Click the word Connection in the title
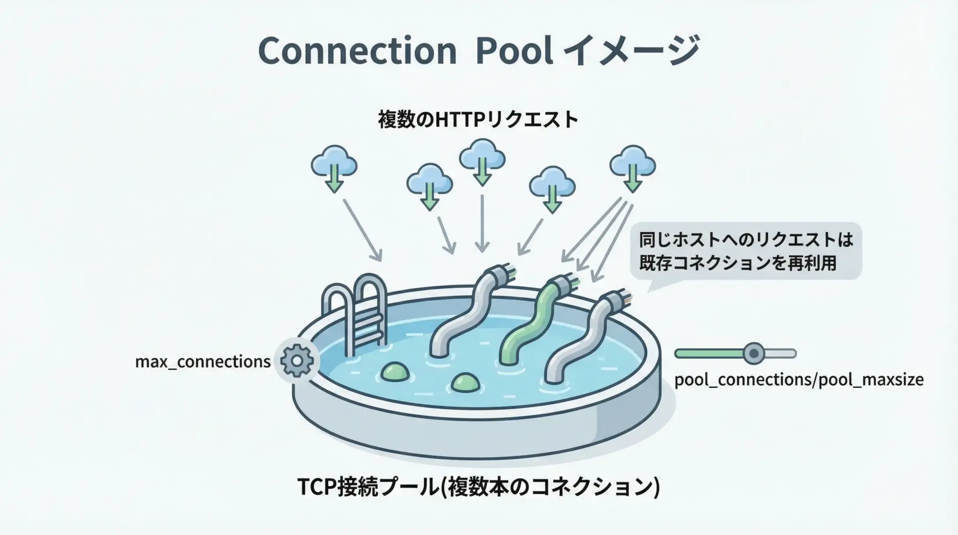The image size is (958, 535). tap(357, 51)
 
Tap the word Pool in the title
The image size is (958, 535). tap(514, 51)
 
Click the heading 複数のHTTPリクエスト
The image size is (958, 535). tap(478, 120)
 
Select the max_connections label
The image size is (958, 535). tap(203, 361)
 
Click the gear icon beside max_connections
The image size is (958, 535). tap(297, 360)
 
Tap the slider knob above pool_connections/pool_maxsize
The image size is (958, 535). tap(753, 354)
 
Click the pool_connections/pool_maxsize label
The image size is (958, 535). tap(799, 380)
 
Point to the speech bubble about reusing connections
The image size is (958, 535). tap(745, 252)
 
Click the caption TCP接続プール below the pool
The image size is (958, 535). tap(478, 487)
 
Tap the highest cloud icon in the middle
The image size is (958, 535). tap(482, 160)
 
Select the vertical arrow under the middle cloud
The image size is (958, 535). tap(482, 222)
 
